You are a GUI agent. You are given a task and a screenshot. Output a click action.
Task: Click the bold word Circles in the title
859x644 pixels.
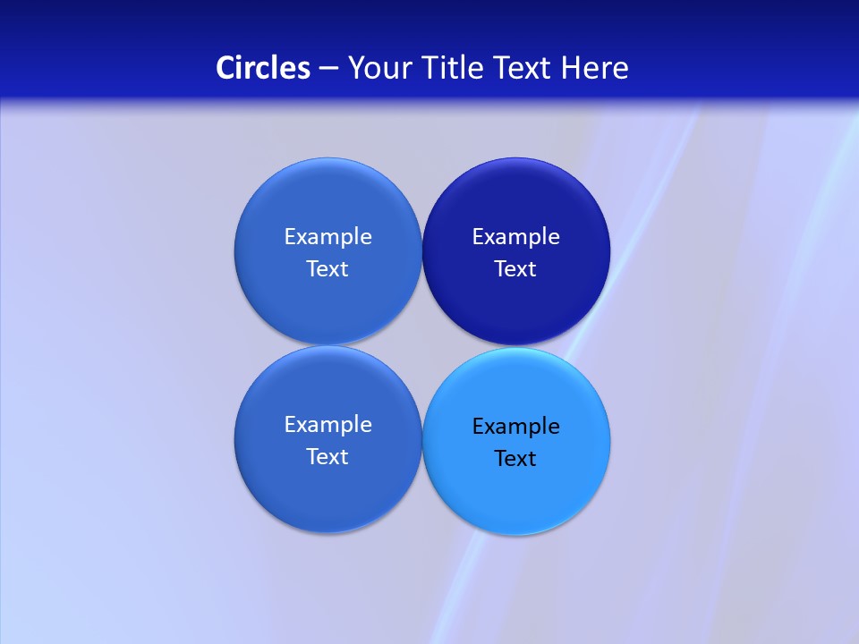point(263,68)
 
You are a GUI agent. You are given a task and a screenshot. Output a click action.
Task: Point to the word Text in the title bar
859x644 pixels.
point(524,68)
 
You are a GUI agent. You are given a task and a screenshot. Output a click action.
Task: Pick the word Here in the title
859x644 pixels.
point(595,68)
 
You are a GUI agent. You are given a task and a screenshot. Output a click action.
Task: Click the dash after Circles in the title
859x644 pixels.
point(328,69)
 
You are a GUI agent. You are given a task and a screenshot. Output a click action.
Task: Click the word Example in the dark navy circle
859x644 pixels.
point(516,237)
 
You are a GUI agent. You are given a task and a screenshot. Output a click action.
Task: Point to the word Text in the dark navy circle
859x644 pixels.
point(515,269)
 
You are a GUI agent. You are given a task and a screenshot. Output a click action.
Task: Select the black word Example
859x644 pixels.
point(516,427)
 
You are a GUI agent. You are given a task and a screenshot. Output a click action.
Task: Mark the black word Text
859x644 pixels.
point(515,459)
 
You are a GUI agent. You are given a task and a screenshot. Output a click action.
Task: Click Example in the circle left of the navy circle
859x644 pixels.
point(327,237)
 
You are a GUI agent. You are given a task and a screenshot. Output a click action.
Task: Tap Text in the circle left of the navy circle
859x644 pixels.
point(327,269)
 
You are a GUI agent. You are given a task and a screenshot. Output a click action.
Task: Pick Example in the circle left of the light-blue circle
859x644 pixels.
point(327,425)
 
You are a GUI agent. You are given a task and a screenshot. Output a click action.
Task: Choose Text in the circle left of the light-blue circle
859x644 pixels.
point(327,457)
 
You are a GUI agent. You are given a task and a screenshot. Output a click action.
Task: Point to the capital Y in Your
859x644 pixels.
point(355,68)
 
